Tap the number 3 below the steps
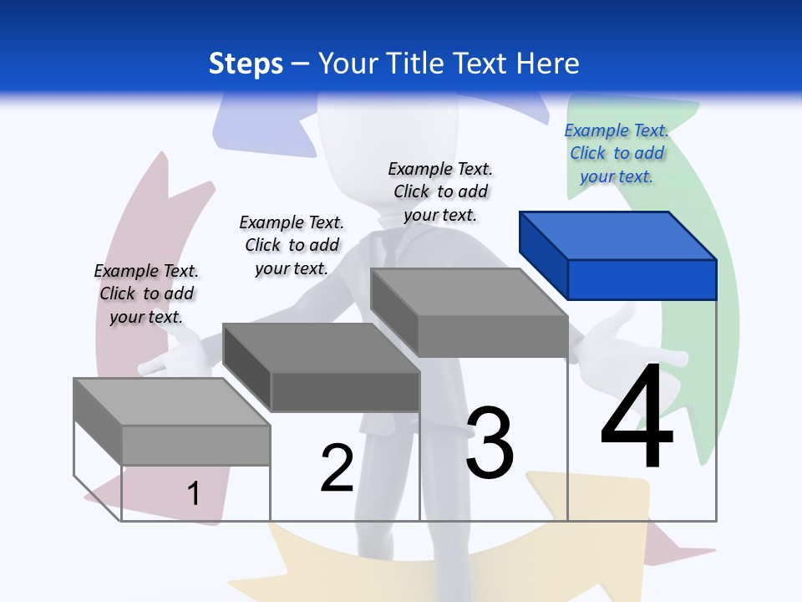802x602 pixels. pos(490,442)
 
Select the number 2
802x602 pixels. pos(337,467)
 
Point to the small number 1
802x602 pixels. pos(194,493)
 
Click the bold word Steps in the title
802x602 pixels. pos(246,64)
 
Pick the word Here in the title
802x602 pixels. pos(548,64)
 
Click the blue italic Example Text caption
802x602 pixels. pos(617,153)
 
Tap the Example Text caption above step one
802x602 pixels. pos(146,293)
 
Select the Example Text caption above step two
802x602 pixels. pos(292,245)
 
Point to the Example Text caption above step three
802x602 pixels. pos(440,191)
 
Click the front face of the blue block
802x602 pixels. pos(642,279)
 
